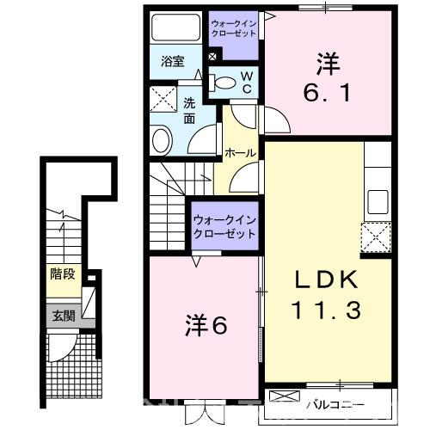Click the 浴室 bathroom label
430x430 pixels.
pyautogui.click(x=173, y=61)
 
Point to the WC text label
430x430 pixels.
pyautogui.click(x=246, y=83)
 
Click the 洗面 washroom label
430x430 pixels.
pyautogui.click(x=189, y=109)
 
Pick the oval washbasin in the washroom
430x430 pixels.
pyautogui.click(x=162, y=139)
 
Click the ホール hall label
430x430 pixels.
pyautogui.click(x=239, y=153)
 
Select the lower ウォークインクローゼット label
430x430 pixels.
pyautogui.click(x=224, y=225)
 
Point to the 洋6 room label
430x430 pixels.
pyautogui.click(x=205, y=325)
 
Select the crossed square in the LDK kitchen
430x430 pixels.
pyautogui.click(x=375, y=235)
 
